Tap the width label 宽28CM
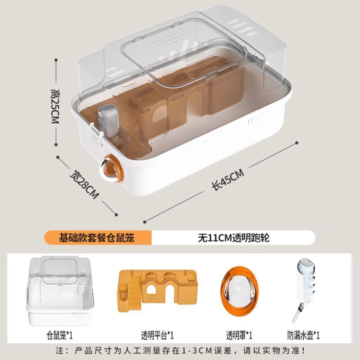point(84,185)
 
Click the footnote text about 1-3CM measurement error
point(180,351)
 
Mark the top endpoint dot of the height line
point(56,60)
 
